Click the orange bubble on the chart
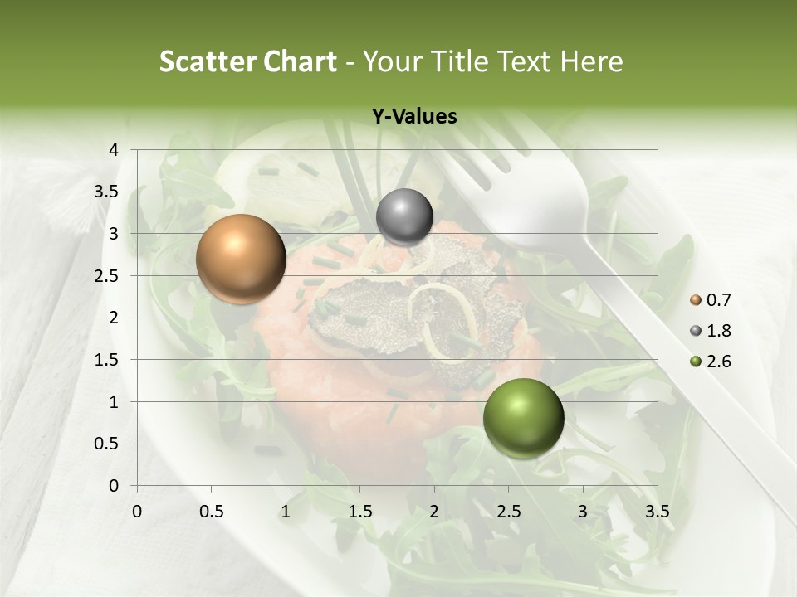[241, 259]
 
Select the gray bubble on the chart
[404, 217]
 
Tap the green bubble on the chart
[523, 418]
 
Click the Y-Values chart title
[413, 117]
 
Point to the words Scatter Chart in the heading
[247, 61]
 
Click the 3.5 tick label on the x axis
[658, 512]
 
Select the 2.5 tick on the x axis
[509, 512]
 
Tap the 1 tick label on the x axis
[286, 512]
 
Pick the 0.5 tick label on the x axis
[212, 512]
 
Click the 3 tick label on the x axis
[583, 512]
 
